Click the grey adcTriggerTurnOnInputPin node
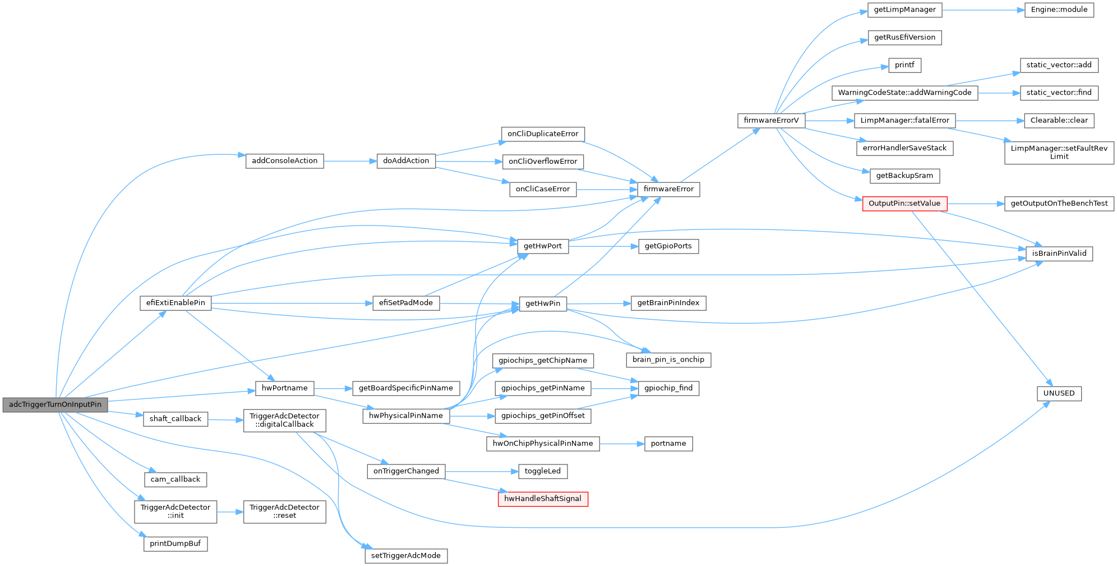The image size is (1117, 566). (55, 404)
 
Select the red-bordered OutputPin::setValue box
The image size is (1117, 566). (904, 204)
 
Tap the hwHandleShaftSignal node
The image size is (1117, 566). (543, 499)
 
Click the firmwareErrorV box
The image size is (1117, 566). (771, 121)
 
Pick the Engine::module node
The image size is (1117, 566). (1059, 10)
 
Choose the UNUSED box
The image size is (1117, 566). (1059, 393)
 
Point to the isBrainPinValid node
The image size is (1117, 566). (1059, 254)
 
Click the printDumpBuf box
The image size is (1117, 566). (175, 544)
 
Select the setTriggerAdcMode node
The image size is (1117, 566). (405, 556)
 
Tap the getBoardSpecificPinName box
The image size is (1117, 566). (405, 388)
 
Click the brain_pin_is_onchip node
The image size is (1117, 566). (668, 360)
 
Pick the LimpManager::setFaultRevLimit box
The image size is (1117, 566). (1059, 153)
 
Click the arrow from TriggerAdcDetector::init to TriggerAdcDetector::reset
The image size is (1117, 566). (230, 512)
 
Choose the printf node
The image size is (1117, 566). (904, 65)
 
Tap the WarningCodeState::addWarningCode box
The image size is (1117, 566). (904, 93)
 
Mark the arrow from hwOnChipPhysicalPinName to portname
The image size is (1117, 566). (622, 444)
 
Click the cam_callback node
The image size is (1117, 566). (175, 480)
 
